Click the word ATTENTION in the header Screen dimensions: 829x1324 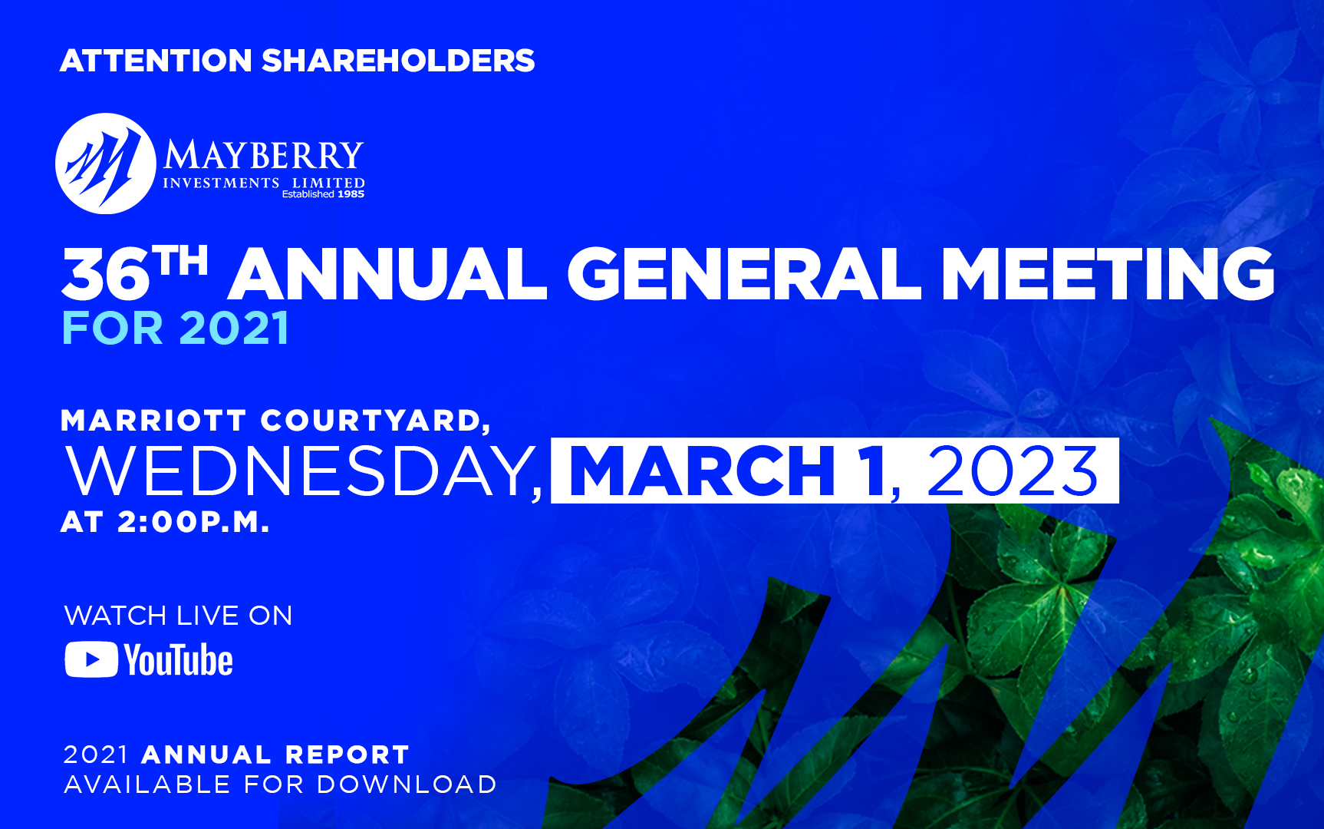(x=156, y=61)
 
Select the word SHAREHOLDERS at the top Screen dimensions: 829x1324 (x=398, y=61)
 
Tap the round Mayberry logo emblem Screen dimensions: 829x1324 (x=105, y=163)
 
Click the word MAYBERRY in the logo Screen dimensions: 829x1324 (x=263, y=157)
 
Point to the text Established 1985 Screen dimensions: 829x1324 (x=323, y=194)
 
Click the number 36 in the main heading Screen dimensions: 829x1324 (x=106, y=276)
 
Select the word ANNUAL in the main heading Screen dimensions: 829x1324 (x=387, y=274)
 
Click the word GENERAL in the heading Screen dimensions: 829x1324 (x=743, y=274)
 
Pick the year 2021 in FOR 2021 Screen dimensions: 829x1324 (x=234, y=329)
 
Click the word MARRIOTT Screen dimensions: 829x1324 (x=153, y=421)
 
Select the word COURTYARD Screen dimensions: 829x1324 (x=371, y=421)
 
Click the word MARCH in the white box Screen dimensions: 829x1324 (x=703, y=471)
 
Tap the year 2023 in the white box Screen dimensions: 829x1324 (x=1013, y=471)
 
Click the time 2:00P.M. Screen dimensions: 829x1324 (x=193, y=523)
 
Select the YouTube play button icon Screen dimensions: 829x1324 (x=91, y=660)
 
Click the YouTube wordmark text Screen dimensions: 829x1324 (x=179, y=660)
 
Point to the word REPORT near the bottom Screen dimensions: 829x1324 (x=347, y=755)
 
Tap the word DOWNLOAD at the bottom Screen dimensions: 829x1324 (x=407, y=784)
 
